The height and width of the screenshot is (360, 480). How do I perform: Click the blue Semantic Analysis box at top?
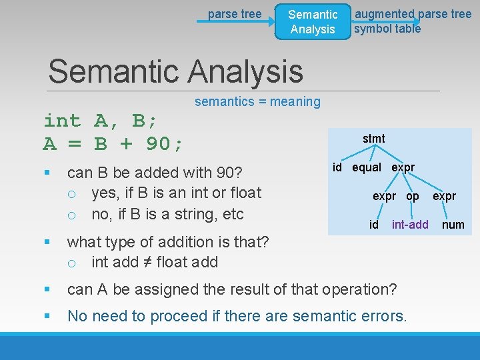(x=313, y=21)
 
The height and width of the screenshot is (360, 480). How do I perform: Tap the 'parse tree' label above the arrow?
(x=235, y=13)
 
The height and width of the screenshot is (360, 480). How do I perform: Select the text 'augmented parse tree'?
(x=413, y=14)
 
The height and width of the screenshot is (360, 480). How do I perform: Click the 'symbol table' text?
(x=387, y=29)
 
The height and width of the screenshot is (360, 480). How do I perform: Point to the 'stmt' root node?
(x=373, y=139)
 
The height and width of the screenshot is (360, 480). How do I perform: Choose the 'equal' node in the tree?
(x=367, y=167)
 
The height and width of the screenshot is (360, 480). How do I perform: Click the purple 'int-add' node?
(x=410, y=225)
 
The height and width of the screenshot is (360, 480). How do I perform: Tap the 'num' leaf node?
(x=453, y=225)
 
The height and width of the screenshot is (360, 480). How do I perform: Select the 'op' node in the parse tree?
(x=413, y=196)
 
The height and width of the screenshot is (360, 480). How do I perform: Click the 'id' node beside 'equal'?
(x=337, y=167)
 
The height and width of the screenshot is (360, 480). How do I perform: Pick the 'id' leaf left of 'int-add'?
(x=374, y=225)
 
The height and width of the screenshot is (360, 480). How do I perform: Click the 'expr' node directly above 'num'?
(x=445, y=196)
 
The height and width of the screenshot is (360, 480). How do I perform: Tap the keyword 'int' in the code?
(x=62, y=121)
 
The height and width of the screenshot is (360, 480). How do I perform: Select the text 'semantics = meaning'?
(x=257, y=101)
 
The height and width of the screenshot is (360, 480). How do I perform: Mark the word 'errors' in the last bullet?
(x=385, y=316)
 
